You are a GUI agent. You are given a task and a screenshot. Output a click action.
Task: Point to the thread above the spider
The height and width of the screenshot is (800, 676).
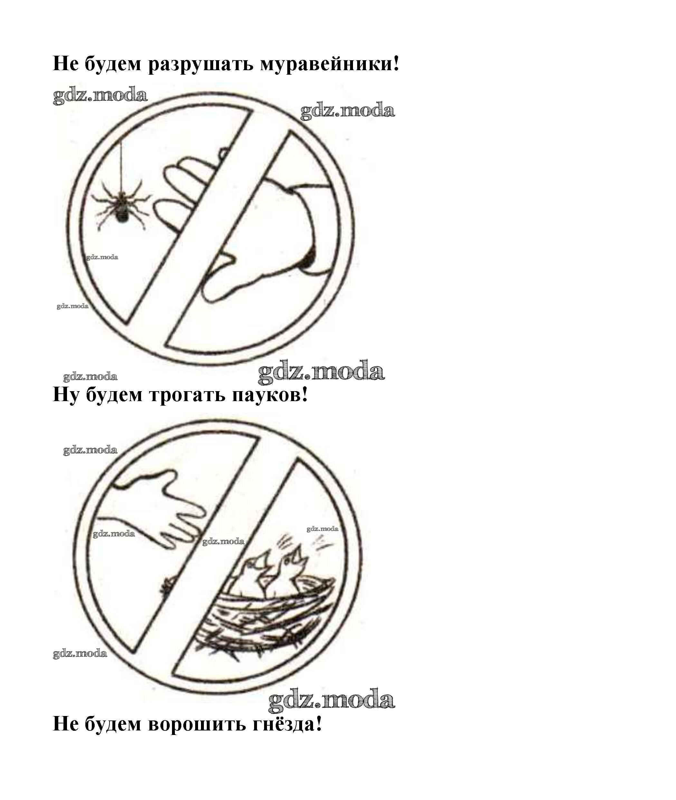[122, 167]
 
